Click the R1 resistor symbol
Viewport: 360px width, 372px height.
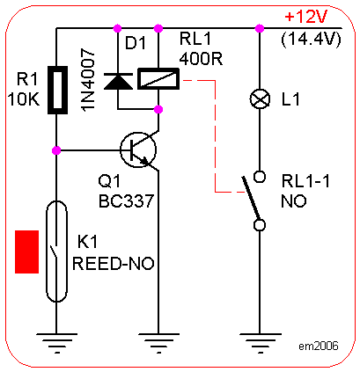[x=57, y=90]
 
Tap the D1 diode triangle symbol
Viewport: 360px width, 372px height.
[x=118, y=81]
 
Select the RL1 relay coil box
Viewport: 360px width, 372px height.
[x=158, y=78]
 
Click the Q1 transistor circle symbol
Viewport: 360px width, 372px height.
[x=138, y=150]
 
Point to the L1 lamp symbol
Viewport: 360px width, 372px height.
[x=260, y=99]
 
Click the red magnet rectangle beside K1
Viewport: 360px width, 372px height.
[x=27, y=252]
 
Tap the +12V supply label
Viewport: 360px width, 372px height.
[x=306, y=18]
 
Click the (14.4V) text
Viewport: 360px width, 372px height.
[x=312, y=39]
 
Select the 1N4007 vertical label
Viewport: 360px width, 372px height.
[x=88, y=80]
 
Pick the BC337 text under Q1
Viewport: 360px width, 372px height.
[x=127, y=201]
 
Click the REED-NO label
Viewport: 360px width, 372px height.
[x=114, y=263]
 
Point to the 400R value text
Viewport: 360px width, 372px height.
[x=201, y=59]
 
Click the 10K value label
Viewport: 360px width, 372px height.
[x=24, y=99]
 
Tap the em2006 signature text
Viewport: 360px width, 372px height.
[x=319, y=346]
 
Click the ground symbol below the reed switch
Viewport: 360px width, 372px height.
[x=57, y=342]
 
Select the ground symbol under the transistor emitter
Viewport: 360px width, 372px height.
[x=158, y=342]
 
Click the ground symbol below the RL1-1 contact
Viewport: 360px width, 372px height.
[x=260, y=342]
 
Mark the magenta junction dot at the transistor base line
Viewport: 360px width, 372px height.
[x=56, y=150]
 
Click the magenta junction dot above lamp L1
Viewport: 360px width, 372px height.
[x=260, y=28]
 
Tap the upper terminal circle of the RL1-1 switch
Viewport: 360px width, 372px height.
[x=260, y=177]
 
